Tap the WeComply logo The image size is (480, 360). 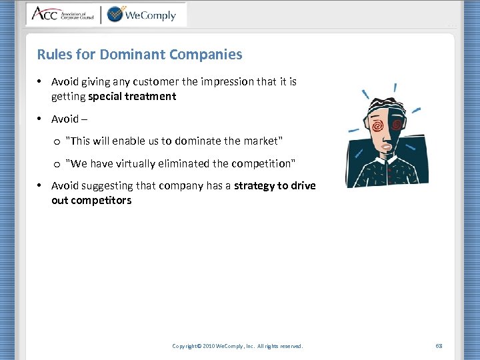[141, 14]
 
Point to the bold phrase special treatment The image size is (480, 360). [132, 96]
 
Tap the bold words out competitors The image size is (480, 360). [91, 200]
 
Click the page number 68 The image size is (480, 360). [439, 346]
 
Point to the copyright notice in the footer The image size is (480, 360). [237, 346]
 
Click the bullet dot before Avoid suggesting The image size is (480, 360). [40, 185]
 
